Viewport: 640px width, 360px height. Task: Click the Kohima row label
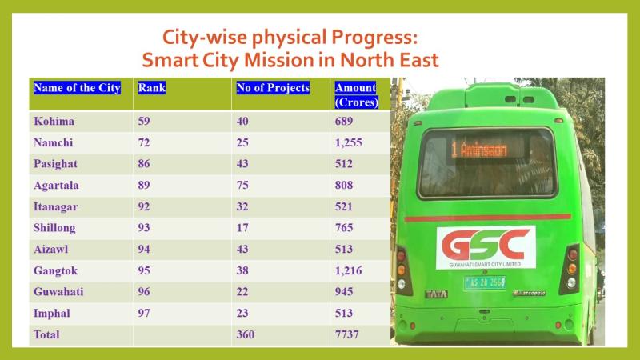click(54, 122)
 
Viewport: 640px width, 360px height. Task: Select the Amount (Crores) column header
click(356, 94)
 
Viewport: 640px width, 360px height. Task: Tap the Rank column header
click(152, 88)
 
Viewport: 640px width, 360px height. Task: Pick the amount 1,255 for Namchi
click(349, 143)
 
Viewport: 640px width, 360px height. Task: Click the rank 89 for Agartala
click(144, 186)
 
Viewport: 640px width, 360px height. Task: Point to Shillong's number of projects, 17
click(242, 228)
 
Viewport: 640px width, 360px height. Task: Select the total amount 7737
click(347, 334)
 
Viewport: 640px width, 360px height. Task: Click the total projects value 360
click(246, 334)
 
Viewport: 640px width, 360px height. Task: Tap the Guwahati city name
click(58, 292)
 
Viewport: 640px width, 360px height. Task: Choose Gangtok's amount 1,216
click(349, 270)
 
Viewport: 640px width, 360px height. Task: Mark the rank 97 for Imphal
click(144, 313)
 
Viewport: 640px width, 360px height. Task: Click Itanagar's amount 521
click(344, 206)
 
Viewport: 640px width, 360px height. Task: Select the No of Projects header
click(273, 88)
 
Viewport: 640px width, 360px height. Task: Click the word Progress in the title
click(374, 38)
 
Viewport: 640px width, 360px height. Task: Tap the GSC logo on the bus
click(486, 247)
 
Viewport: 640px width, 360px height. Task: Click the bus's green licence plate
click(485, 282)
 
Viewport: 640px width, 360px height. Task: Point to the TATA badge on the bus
click(437, 294)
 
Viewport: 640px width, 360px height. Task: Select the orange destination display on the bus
click(480, 150)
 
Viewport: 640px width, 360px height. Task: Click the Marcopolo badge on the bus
click(530, 293)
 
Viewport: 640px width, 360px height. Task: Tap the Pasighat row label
click(55, 164)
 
